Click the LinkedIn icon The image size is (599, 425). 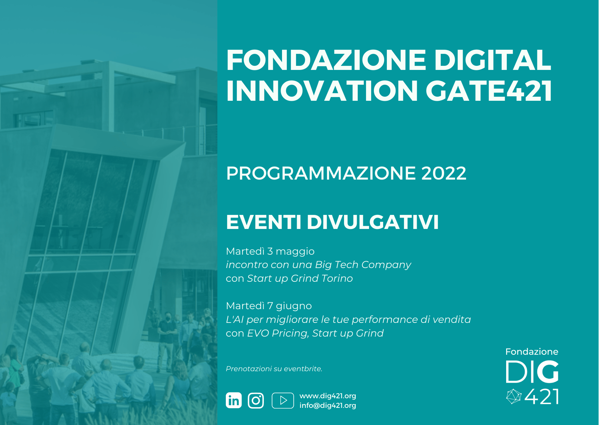234,400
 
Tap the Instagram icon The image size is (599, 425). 256,400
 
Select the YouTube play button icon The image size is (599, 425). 283,400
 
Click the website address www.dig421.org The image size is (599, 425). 328,396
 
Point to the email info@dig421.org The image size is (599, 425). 328,405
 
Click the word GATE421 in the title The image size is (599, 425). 489,91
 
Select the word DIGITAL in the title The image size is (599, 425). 493,60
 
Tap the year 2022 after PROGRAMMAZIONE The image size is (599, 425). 444,173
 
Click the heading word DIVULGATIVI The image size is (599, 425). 373,222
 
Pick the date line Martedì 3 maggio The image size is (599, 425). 270,251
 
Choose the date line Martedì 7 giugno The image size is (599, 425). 269,306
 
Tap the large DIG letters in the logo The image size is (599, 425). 532,372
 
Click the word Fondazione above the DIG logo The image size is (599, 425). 532,352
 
